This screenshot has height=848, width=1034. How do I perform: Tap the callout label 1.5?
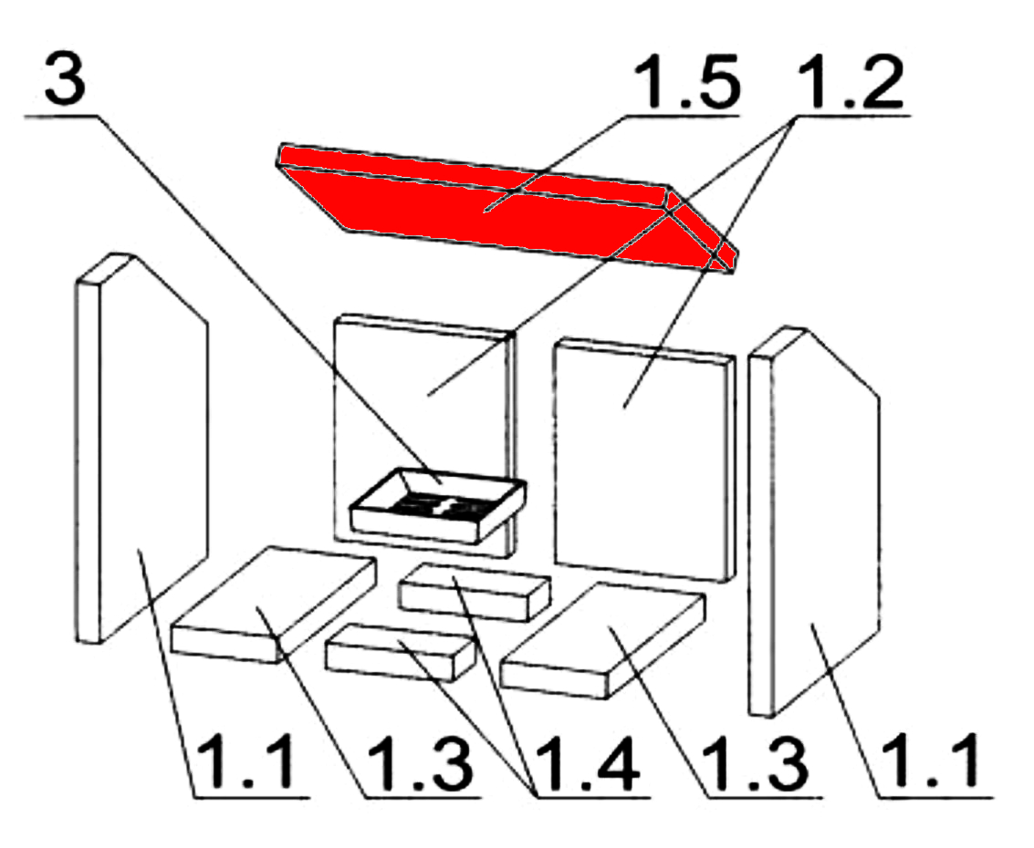click(x=686, y=82)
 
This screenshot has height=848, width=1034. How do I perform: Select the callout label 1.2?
click(x=851, y=82)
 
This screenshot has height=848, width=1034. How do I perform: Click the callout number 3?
click(x=66, y=78)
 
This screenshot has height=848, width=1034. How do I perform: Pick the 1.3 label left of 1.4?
click(x=420, y=764)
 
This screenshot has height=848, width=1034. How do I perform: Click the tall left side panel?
click(x=141, y=448)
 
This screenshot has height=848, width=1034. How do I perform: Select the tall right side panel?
click(x=814, y=521)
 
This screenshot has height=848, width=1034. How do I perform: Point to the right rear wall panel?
click(x=643, y=461)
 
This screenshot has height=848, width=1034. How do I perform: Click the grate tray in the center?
click(x=438, y=505)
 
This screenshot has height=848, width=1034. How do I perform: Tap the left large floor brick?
click(x=273, y=604)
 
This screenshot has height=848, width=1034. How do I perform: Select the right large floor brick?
click(x=602, y=640)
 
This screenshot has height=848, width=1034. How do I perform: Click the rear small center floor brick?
click(x=475, y=592)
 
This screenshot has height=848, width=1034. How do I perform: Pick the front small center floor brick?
click(x=401, y=652)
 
